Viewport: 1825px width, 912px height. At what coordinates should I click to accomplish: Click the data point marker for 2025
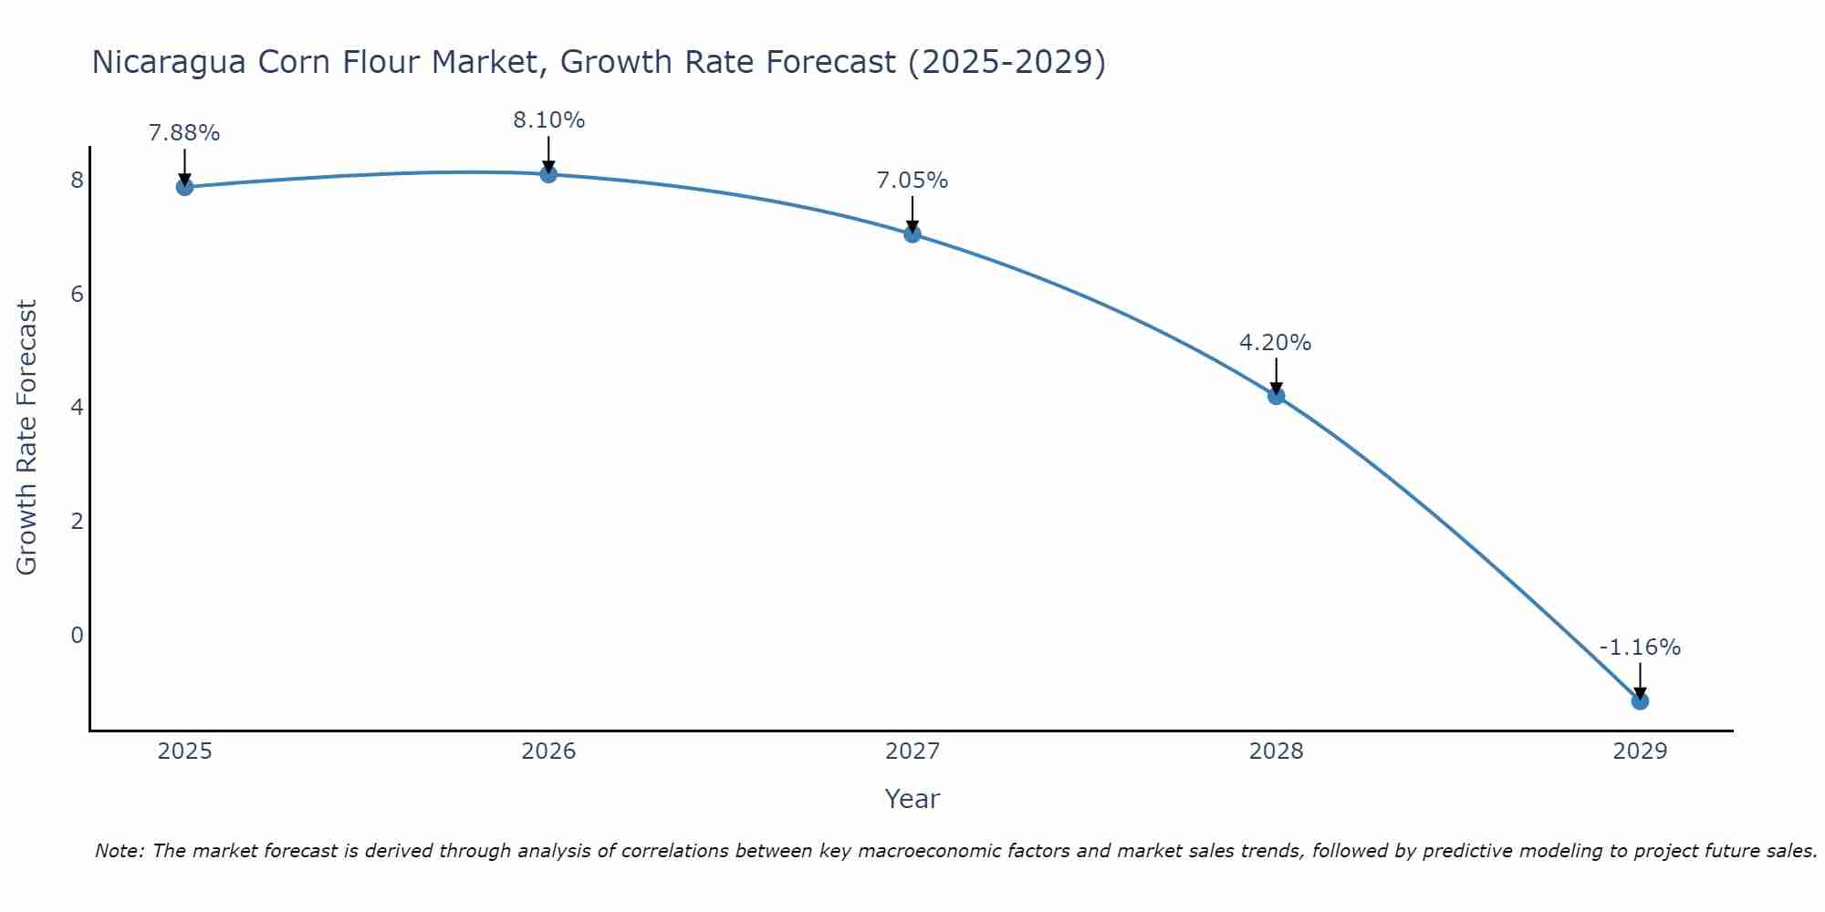[x=184, y=187]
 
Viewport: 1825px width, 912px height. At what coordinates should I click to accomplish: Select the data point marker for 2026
[x=548, y=174]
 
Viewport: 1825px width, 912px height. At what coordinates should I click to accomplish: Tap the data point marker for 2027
[x=912, y=234]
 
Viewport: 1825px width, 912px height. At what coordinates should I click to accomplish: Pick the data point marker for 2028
[x=1276, y=396]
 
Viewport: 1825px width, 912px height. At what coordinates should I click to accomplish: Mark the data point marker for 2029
[x=1640, y=701]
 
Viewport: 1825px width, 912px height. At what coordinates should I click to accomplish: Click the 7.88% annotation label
[x=184, y=133]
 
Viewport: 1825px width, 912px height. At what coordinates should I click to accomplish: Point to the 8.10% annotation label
[x=548, y=120]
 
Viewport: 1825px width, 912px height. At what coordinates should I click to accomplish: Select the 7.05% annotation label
[x=912, y=181]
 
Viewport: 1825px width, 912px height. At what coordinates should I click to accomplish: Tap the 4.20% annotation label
[x=1276, y=343]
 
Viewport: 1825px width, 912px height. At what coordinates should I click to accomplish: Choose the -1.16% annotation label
[x=1640, y=648]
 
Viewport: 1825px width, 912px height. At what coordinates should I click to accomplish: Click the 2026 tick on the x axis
[x=548, y=751]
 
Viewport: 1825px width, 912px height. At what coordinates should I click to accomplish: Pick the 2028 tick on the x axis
[x=1276, y=751]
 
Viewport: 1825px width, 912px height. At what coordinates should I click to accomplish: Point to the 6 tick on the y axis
[x=78, y=294]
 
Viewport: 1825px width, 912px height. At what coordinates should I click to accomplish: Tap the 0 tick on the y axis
[x=78, y=635]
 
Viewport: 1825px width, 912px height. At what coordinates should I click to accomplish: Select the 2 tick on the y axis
[x=78, y=521]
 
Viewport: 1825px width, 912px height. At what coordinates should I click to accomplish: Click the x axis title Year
[x=912, y=799]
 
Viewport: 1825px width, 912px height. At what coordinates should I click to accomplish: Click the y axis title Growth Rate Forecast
[x=27, y=438]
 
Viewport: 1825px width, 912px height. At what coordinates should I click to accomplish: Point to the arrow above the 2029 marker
[x=1640, y=679]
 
